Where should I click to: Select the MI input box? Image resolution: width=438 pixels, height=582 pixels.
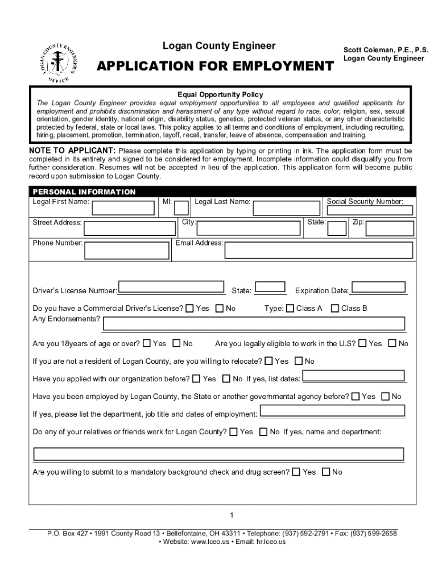tap(181, 208)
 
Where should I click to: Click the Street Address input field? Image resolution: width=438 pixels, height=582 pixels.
tap(129, 228)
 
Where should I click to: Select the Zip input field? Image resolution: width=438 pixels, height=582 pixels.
tap(389, 228)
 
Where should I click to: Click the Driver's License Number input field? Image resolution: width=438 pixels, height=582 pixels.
tap(171, 288)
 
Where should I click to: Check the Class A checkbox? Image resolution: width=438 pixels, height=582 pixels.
tap(290, 309)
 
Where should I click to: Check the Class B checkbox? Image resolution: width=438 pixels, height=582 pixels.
tap(335, 309)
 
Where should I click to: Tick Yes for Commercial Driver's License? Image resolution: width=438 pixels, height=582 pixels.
tap(189, 309)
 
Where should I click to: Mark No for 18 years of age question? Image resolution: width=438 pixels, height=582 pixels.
tap(176, 343)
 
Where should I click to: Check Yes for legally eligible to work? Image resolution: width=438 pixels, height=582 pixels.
tap(362, 343)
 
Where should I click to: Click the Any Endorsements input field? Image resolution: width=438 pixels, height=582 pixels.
tap(253, 323)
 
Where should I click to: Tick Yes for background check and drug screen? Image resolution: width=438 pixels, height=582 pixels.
tap(296, 472)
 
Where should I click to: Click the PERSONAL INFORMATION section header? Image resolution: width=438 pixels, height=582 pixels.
tap(84, 192)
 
